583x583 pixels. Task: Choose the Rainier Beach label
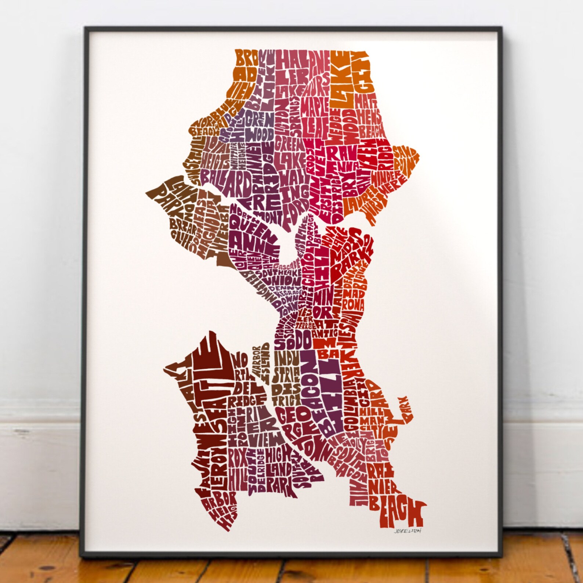(x=389, y=492)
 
